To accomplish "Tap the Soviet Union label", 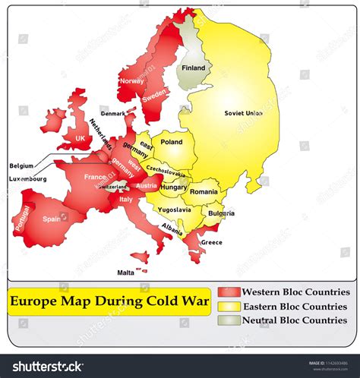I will coord(243,113).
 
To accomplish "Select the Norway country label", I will coord(131,80).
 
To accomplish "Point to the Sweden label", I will coord(154,96).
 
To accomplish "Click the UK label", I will coord(80,138).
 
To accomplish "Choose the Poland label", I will coord(172,142).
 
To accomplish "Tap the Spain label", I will coord(52,219).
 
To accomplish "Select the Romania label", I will coord(204,192).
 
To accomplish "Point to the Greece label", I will coord(211,243).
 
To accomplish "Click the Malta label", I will coord(125,272).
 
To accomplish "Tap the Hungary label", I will coord(174,187).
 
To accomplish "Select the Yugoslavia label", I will coord(175,209).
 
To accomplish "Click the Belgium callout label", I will coord(21,165).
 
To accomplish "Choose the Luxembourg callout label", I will coord(28,179).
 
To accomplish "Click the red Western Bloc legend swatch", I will coord(229,292).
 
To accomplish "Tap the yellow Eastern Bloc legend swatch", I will coord(229,306).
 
